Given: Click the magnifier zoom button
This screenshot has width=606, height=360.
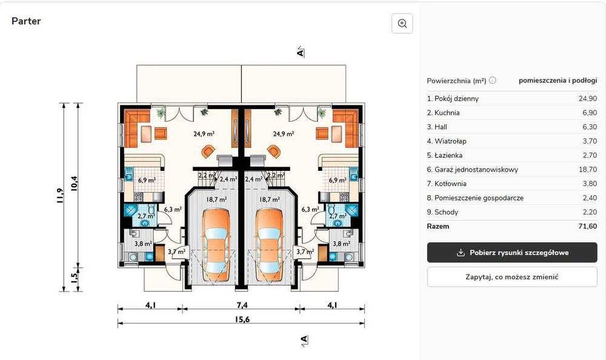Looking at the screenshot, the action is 402,24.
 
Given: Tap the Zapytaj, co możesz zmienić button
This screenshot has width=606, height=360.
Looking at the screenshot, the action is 511,277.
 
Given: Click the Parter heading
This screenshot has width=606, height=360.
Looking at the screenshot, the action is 26,21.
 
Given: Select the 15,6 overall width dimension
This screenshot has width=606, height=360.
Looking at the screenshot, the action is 242,319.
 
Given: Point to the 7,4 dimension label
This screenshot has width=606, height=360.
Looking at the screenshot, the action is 242,305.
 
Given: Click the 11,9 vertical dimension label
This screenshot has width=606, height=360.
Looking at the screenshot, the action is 59,196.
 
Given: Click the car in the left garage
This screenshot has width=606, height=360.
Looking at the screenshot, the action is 216,245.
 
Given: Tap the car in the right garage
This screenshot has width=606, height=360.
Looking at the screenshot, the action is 269,245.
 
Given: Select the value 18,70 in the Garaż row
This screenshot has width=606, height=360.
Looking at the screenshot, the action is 587,169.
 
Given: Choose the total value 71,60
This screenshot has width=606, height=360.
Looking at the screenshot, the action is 587,226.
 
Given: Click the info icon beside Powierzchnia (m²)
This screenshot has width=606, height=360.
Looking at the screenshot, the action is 492,80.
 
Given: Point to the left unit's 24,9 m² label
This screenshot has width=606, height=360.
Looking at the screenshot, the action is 204,134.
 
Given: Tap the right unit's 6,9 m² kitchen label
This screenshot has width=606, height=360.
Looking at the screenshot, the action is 338,180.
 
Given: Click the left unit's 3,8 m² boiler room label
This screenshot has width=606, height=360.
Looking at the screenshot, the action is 143,244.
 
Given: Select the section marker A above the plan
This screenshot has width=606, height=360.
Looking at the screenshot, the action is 301,52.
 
